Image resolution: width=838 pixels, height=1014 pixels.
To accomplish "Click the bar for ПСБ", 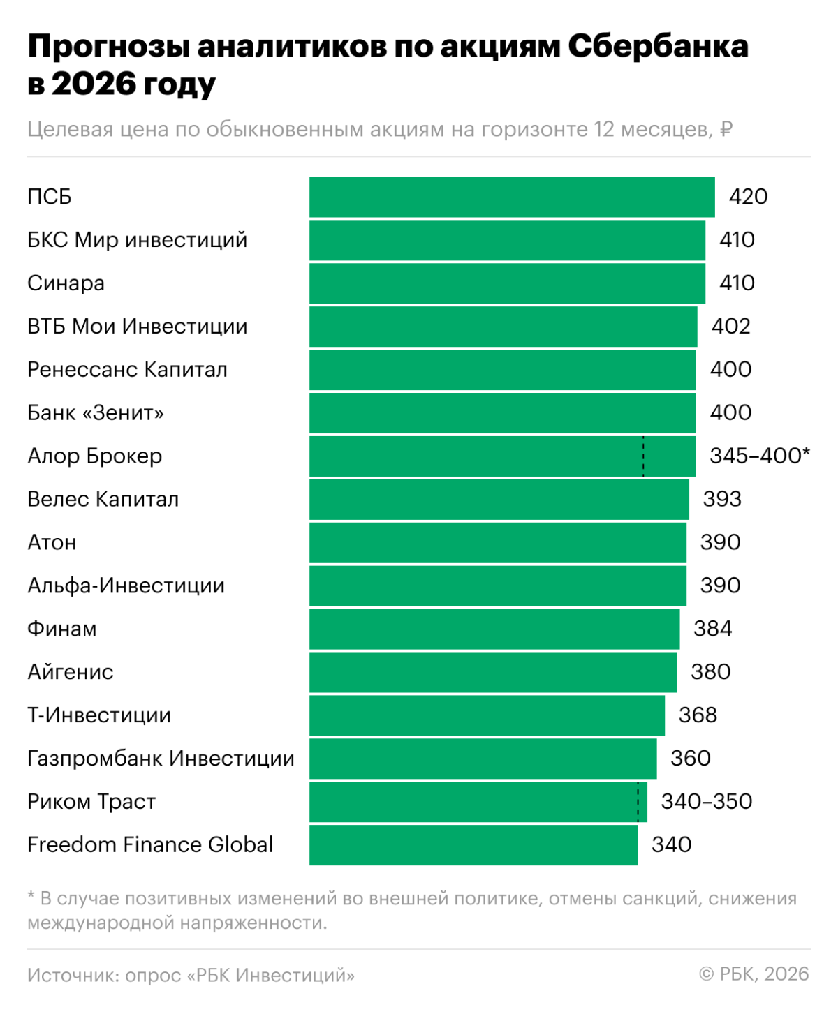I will [512, 197].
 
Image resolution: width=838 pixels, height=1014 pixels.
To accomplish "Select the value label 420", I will [748, 197].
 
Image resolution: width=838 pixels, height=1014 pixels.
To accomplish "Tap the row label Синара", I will [66, 283].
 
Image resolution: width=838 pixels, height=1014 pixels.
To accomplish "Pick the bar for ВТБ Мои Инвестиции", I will [503, 327].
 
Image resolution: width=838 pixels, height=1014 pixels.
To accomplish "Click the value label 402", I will [730, 327].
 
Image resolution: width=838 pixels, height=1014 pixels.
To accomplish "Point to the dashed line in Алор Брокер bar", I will [643, 456].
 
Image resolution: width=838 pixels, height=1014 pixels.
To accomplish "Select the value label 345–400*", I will [759, 456].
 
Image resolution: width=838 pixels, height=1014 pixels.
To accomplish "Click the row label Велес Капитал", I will [103, 500].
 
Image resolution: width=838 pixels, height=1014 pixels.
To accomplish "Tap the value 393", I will [722, 500].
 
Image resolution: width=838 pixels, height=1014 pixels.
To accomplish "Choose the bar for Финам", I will [494, 629].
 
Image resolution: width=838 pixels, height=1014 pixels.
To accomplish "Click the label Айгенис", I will [70, 672].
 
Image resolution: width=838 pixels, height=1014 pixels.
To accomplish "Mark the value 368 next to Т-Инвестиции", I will [698, 715].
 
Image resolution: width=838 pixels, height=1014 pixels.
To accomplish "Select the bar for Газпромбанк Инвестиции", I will [483, 759].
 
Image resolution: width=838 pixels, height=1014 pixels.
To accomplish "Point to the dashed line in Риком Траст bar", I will [638, 802].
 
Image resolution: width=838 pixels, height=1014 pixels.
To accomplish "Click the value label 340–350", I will [706, 802].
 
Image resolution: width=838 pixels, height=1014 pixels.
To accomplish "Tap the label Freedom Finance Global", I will [150, 845].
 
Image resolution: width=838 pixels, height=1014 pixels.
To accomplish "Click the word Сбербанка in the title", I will [657, 47].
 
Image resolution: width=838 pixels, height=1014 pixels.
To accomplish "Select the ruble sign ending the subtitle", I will [726, 130].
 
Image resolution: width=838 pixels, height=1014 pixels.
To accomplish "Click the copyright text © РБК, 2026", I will [754, 974].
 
